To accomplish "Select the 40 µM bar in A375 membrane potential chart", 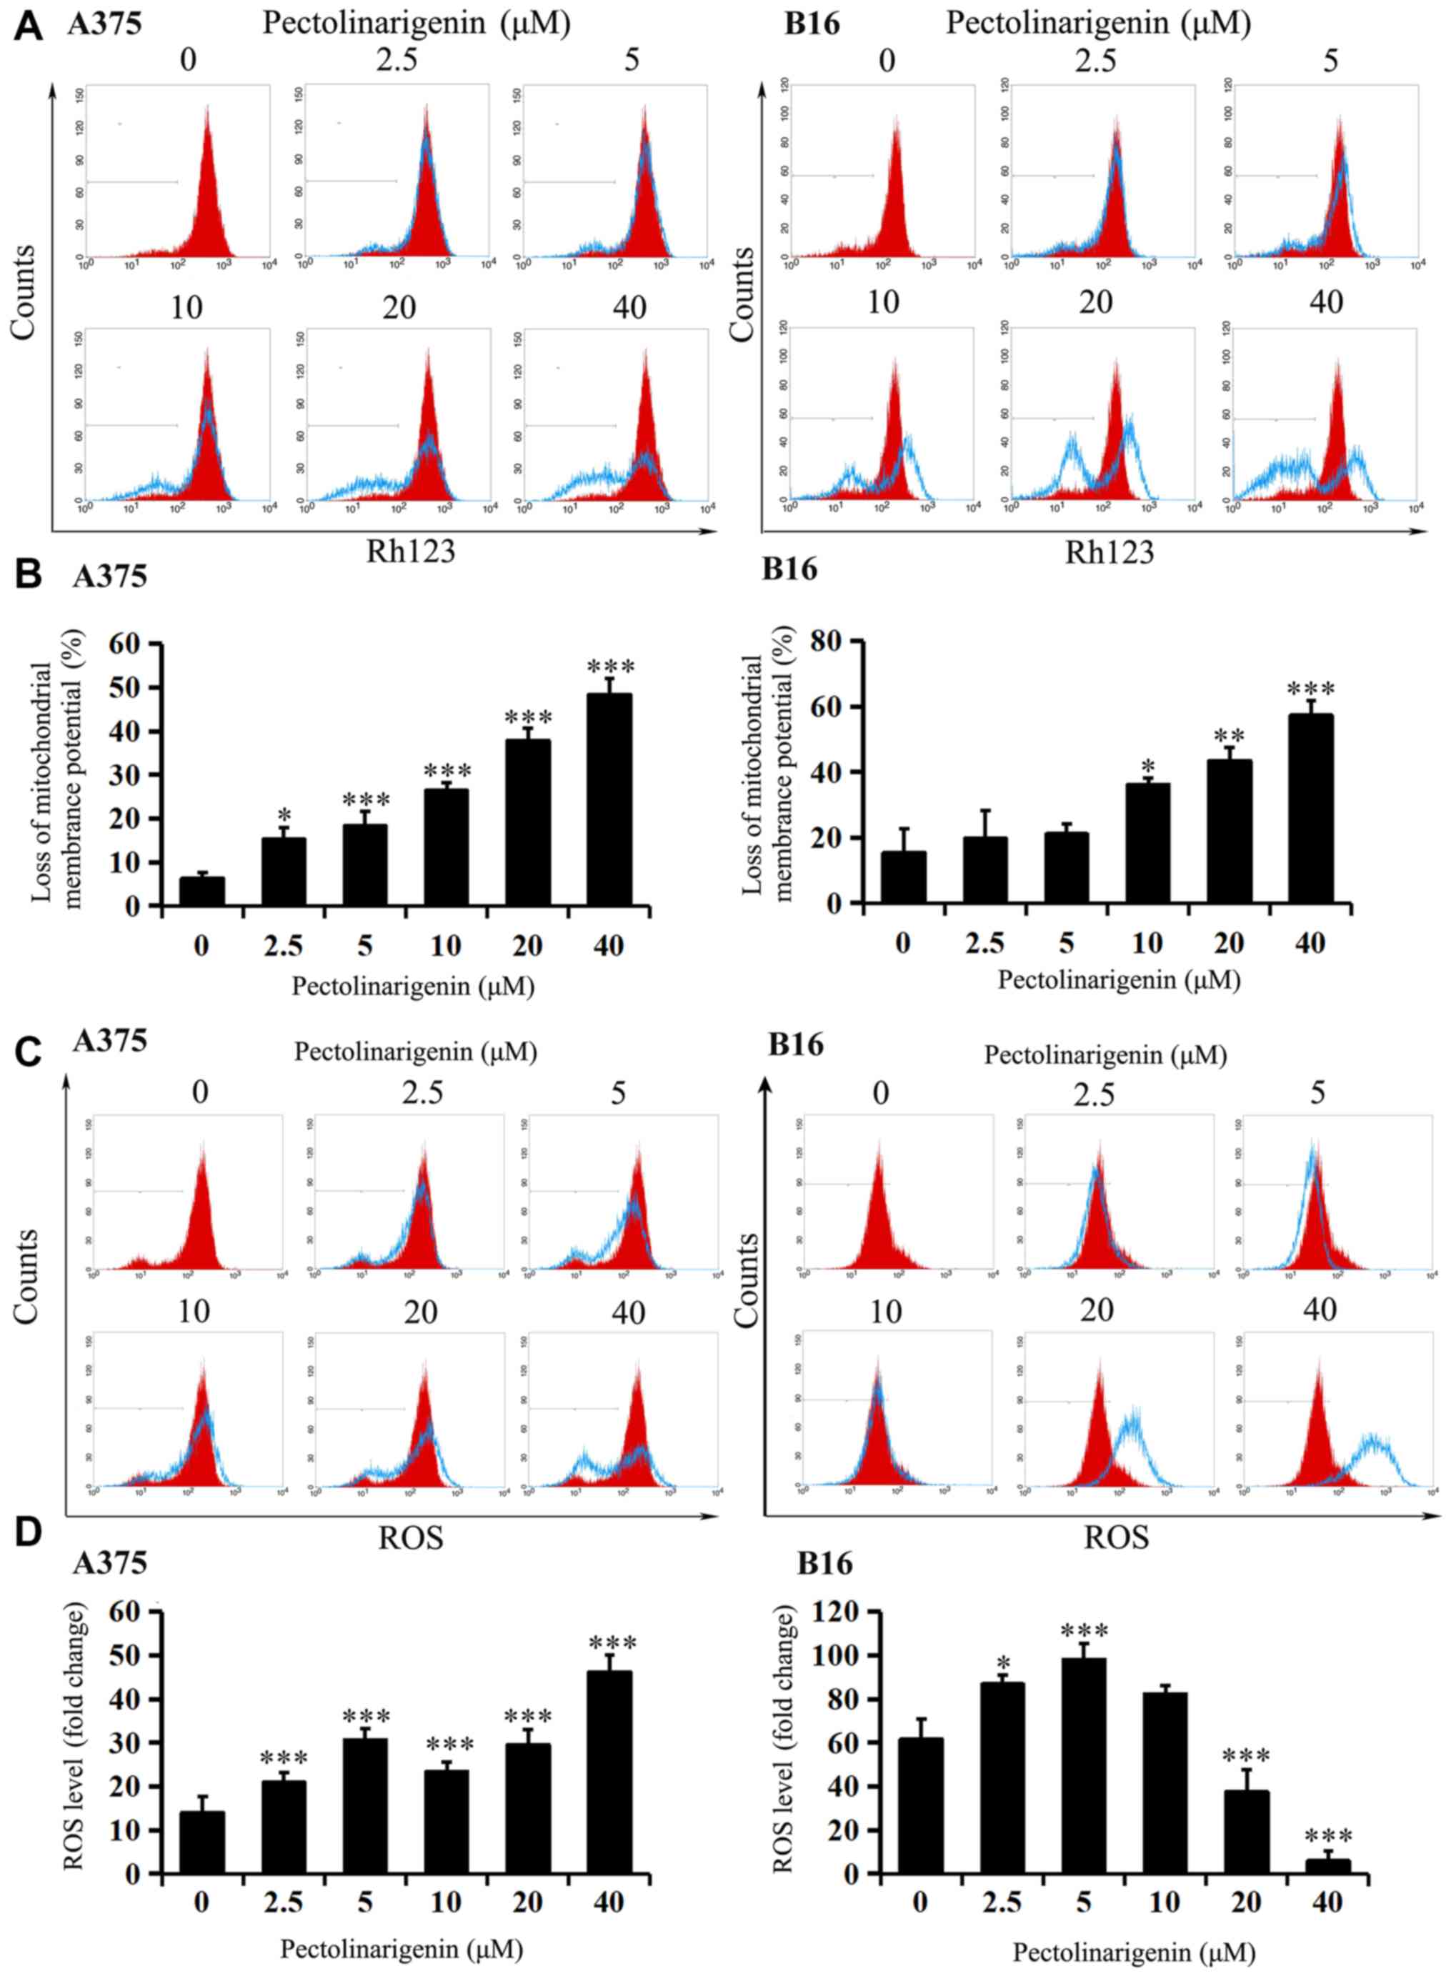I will pos(609,799).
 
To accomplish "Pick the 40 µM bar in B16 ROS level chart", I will pos(1327,1865).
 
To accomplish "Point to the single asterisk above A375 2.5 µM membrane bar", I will pos(284,814).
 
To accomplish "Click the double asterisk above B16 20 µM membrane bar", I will pos(1229,735).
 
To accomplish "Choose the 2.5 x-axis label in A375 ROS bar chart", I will pos(283,1902).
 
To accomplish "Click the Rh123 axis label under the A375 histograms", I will pos(410,551).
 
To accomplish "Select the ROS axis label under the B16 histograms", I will pos(1115,1538).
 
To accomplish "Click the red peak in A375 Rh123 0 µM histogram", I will pos(207,176).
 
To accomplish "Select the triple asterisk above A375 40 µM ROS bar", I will pos(612,1642).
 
